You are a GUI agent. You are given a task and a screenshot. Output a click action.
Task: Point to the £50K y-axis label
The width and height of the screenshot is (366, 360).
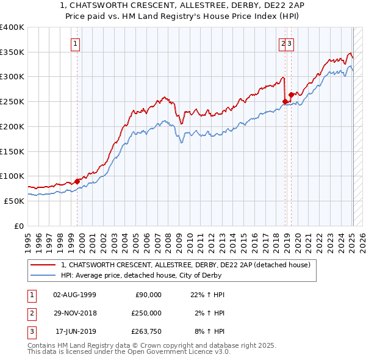[14, 201]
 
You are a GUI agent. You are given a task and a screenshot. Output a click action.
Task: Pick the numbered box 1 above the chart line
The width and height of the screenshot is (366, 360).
[75, 43]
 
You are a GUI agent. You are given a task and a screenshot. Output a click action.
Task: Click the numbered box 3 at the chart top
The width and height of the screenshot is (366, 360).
[289, 43]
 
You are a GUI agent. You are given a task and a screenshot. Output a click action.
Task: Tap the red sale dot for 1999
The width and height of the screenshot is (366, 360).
[77, 181]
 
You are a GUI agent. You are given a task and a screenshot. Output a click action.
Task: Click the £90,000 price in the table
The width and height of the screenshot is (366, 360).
[148, 295]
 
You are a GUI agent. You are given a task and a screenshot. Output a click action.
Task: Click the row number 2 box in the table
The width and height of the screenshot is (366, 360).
[31, 313]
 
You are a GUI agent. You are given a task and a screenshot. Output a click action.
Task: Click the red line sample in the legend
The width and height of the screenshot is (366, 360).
[42, 265]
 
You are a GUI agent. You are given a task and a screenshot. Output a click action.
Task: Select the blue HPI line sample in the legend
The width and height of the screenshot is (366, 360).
[42, 275]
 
